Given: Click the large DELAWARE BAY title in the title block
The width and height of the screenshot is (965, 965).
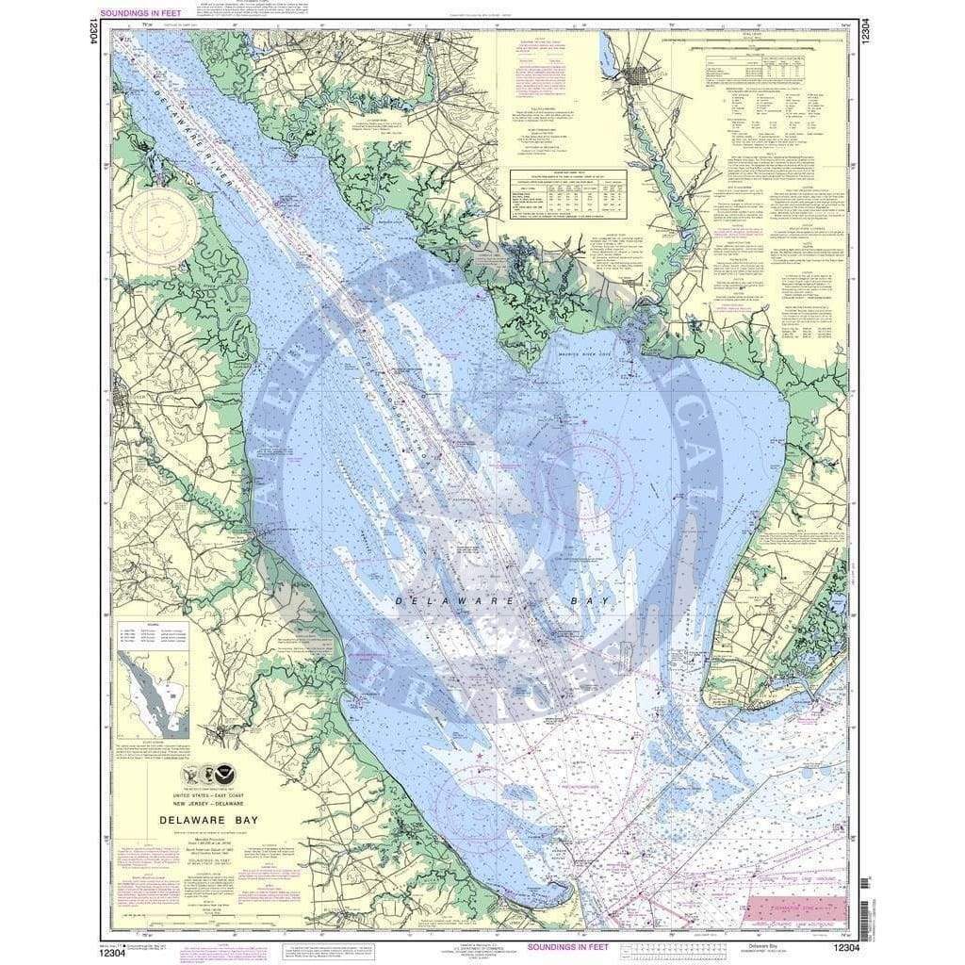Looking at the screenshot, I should (x=221, y=819).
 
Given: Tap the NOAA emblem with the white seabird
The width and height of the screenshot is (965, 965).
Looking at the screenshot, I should (x=224, y=775).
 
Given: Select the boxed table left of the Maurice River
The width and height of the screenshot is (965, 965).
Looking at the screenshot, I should (x=569, y=195).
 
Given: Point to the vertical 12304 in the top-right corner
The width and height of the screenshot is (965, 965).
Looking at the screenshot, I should (x=864, y=27).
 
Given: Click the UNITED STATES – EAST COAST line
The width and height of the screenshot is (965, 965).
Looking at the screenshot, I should (x=221, y=794).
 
